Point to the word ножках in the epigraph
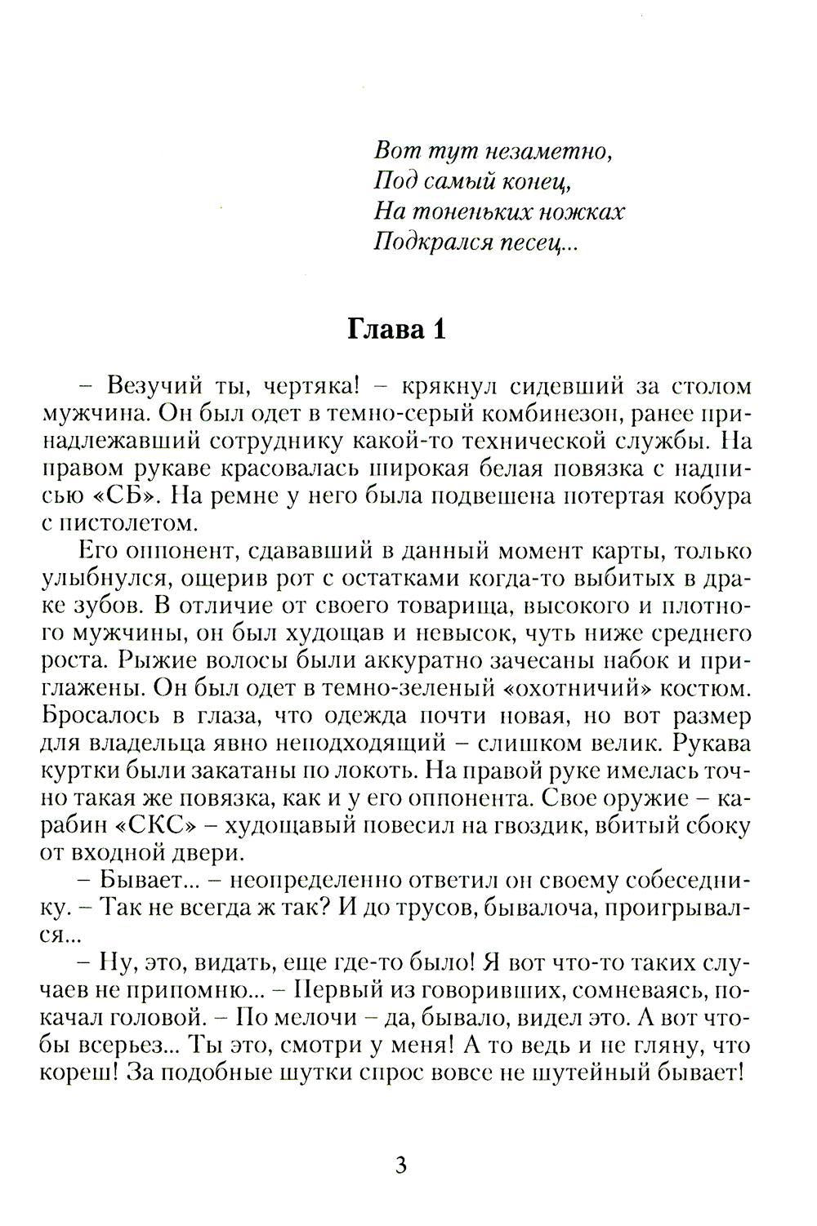point(586,212)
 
